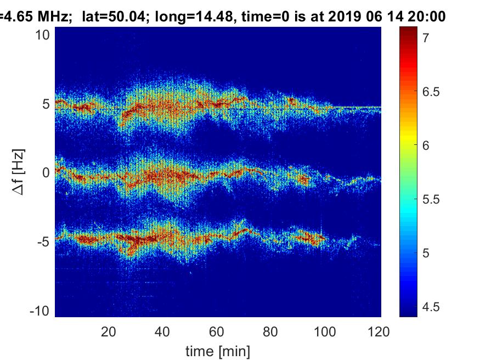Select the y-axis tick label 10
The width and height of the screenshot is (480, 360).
43,35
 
